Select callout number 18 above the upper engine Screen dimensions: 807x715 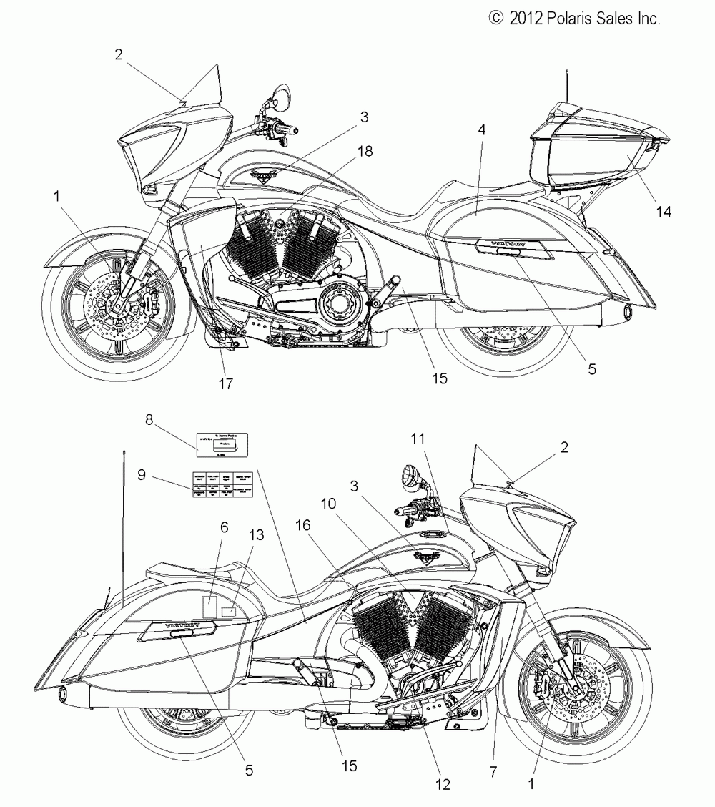(x=365, y=152)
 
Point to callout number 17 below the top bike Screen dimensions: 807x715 (x=226, y=383)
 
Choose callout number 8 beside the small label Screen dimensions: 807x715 (x=149, y=421)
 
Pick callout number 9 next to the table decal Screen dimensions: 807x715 (x=142, y=474)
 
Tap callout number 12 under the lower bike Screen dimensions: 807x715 (x=443, y=784)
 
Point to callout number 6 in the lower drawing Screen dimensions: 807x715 (x=204, y=527)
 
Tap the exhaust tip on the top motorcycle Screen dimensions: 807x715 (x=627, y=313)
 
